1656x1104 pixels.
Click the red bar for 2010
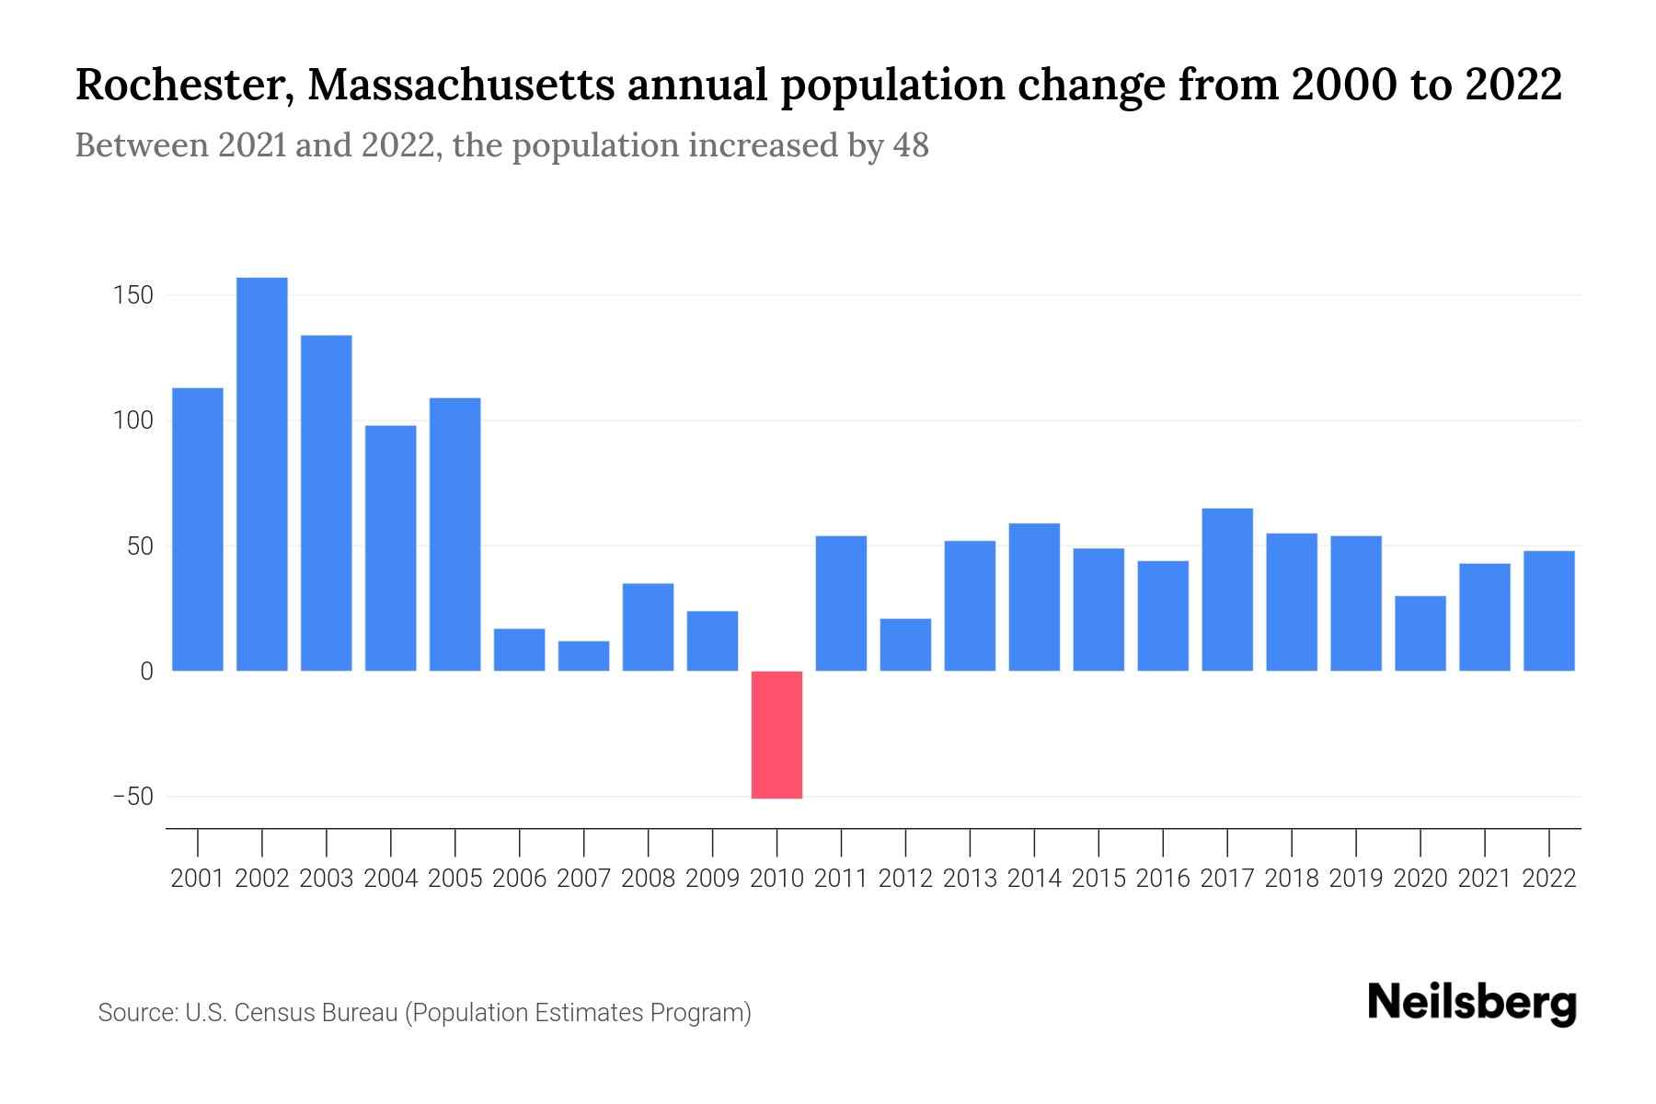776,734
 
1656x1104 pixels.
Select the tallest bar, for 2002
262,474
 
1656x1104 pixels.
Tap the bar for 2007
583,656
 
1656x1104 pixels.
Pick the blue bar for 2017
1227,589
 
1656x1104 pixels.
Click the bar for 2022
1549,611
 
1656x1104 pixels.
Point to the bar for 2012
905,645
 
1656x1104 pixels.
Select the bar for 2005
455,534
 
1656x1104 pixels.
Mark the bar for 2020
1420,634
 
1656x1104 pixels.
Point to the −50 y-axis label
132,797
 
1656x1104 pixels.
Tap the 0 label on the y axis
146,672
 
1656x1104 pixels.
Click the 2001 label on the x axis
198,879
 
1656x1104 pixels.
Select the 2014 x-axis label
1034,879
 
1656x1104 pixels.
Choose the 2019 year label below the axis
1356,879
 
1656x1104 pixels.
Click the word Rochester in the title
185,85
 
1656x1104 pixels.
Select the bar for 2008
648,627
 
